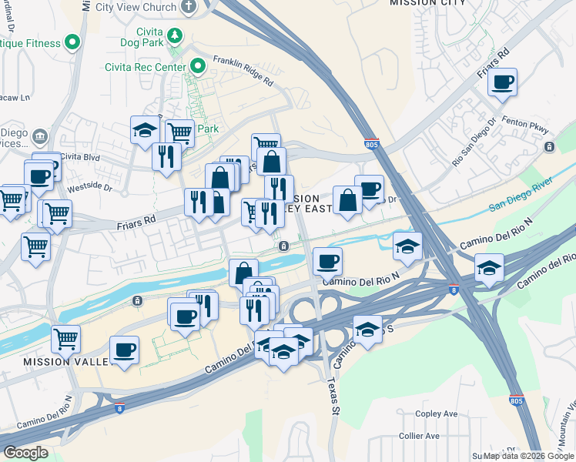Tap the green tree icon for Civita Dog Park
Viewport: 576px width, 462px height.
176,35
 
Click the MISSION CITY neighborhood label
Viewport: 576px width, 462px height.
427,3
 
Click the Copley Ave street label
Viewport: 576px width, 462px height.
436,413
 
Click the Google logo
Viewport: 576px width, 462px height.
25,453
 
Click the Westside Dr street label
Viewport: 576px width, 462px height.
90,186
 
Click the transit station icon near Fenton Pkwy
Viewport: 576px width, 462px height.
549,146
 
